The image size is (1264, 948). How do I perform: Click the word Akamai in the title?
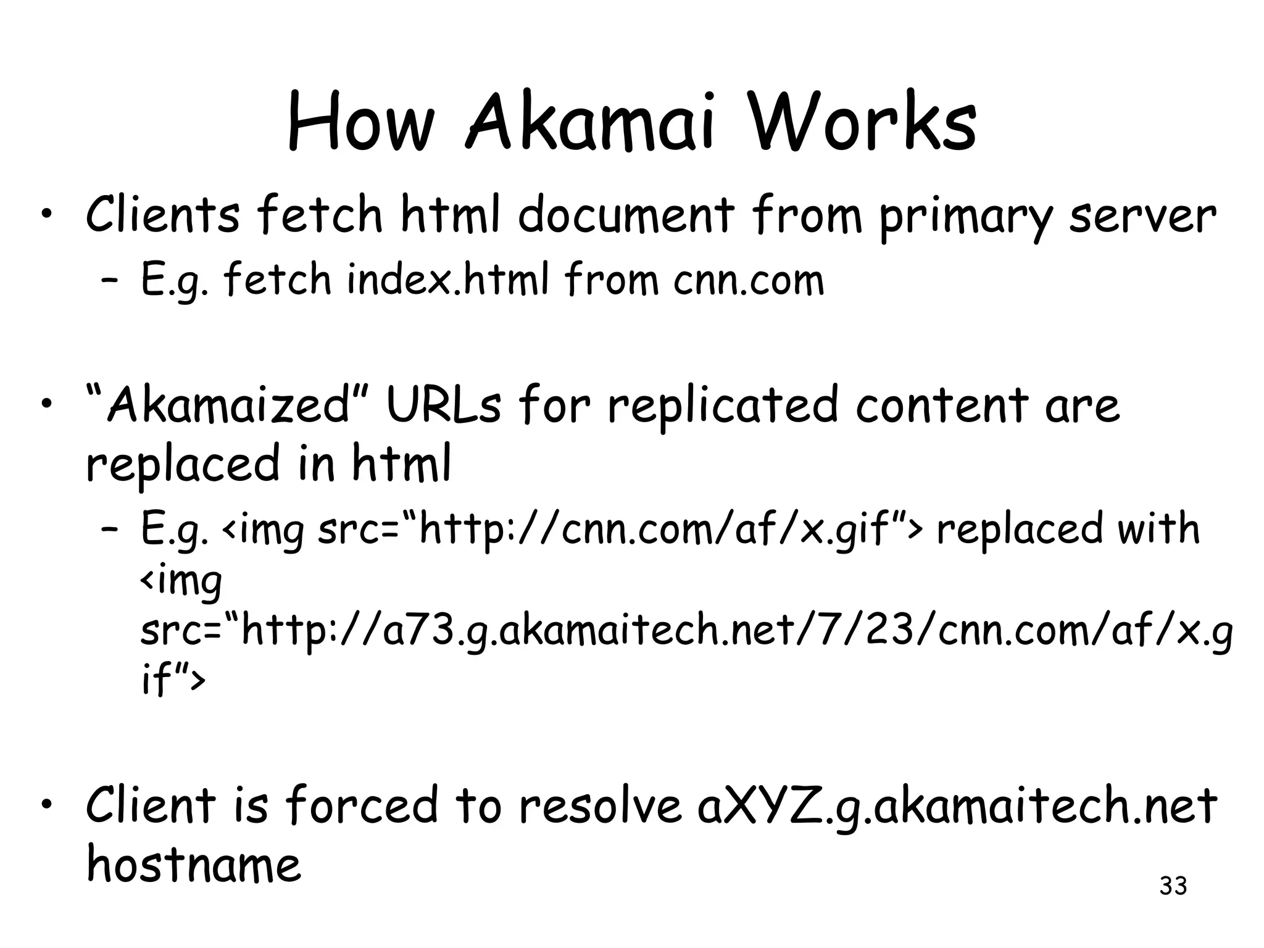(590, 123)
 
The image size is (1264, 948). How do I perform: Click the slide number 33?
(1173, 886)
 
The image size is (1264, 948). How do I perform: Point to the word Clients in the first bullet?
(162, 214)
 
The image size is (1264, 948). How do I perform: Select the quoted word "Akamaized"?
(228, 405)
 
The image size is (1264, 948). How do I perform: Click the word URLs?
(443, 405)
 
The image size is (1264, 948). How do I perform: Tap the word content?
(941, 405)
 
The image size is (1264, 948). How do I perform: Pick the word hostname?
(193, 863)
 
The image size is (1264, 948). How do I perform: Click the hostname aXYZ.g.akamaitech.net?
(956, 806)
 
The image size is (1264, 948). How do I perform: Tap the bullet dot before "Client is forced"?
(46, 805)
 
